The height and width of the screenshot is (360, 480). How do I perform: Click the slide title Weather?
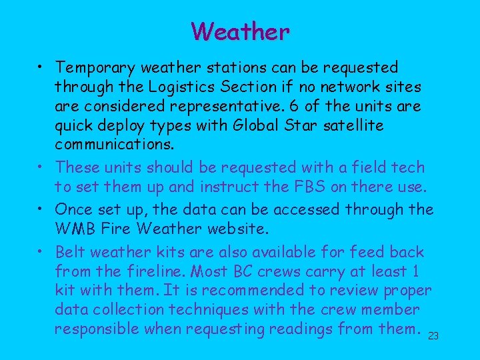240,31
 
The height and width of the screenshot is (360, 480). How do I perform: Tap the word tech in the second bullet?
409,167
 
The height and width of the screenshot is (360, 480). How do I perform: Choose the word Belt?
71,252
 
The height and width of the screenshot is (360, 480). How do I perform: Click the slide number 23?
433,336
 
